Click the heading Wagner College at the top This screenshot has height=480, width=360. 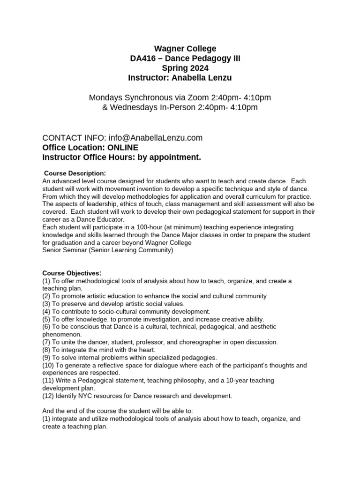[186, 48]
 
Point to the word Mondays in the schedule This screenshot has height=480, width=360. [104, 98]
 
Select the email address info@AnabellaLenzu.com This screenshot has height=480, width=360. [156, 137]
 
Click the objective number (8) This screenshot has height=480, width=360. [47, 349]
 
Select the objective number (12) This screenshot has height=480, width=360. [49, 396]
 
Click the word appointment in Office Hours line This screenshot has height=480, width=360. [174, 157]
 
